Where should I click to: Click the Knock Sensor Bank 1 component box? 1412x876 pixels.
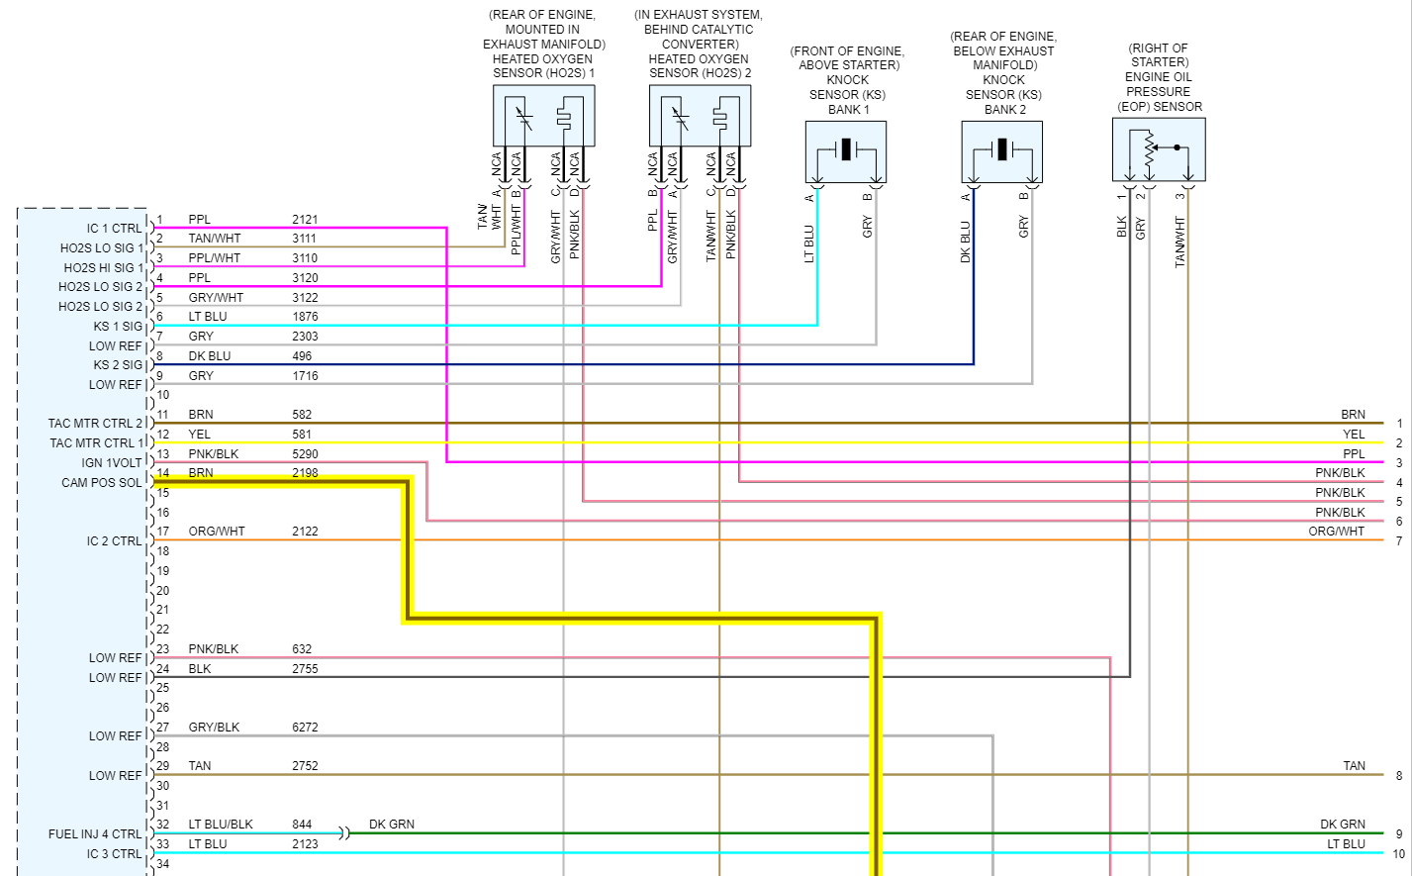tap(846, 151)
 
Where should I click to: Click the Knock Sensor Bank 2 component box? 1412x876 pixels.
tap(1001, 151)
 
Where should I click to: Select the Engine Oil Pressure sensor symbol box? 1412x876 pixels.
tap(1159, 149)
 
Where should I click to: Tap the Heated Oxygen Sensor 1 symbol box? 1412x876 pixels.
tap(543, 116)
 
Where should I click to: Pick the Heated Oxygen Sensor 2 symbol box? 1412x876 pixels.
tap(700, 116)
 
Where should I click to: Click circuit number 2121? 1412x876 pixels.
tap(305, 220)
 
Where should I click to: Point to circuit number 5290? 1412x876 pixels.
tap(305, 454)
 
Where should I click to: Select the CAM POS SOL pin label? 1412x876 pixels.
tap(102, 483)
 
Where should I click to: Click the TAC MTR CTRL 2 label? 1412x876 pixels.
tap(96, 424)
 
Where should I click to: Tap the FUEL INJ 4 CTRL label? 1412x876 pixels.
tap(95, 834)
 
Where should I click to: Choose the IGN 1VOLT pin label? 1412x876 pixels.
tap(112, 463)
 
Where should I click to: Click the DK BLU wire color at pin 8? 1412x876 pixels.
tap(210, 356)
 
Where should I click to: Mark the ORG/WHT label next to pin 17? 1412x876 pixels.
tap(217, 532)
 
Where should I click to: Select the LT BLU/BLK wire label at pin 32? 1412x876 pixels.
tap(221, 825)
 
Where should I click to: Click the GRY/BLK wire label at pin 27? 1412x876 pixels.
tap(214, 728)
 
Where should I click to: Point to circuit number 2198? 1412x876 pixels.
tap(305, 473)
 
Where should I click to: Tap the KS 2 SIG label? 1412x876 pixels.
tap(118, 365)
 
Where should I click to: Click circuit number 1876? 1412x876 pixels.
tap(305, 317)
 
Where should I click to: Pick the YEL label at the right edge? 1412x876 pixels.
tap(1354, 435)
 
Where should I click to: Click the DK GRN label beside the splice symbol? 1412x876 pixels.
tap(392, 825)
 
